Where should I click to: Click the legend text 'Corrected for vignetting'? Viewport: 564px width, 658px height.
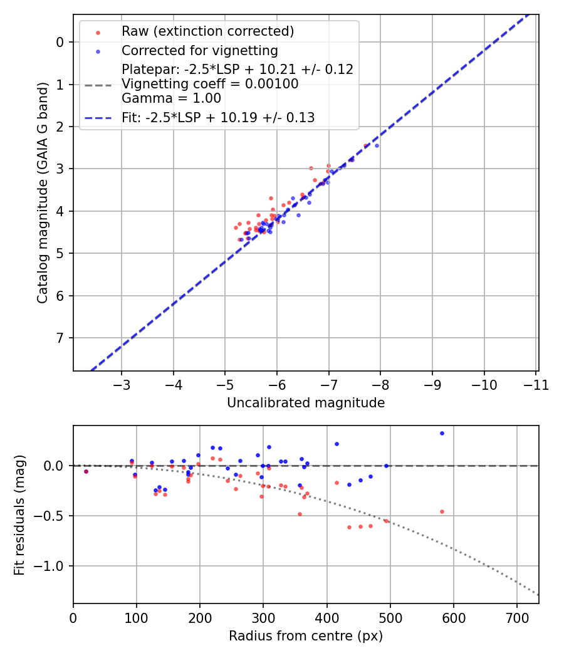(199, 50)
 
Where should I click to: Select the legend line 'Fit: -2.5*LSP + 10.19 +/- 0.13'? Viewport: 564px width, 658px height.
(218, 117)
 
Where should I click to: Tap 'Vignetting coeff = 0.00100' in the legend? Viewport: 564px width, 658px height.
(210, 83)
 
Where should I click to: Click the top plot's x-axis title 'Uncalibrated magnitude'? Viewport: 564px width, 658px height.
(306, 403)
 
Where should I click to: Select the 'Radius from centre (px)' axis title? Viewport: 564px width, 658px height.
(306, 636)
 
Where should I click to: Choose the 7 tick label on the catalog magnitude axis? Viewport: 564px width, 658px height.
(60, 338)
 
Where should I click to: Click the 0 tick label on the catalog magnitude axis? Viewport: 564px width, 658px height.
(60, 42)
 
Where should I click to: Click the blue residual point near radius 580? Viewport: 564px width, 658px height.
(442, 433)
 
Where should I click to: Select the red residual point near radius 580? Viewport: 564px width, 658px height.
(442, 511)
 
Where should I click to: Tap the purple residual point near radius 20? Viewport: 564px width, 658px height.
(86, 471)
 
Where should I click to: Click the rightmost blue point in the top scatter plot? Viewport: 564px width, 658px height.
(377, 145)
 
